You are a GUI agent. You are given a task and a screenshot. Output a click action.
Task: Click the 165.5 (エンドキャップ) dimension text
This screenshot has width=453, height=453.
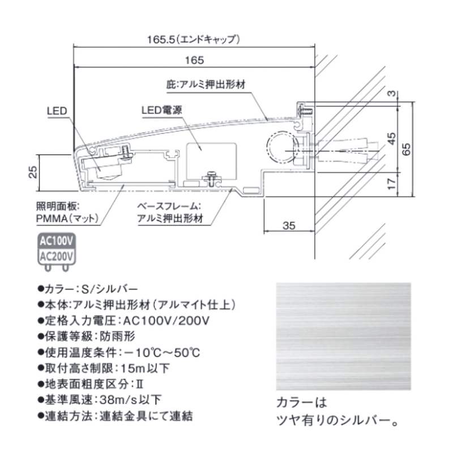tap(194, 40)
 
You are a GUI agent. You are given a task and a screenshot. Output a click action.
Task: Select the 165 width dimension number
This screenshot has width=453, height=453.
tap(194, 59)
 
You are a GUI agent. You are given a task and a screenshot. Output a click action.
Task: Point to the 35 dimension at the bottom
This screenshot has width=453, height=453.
tap(288, 226)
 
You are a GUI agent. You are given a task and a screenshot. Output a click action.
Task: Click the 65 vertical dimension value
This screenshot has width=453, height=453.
tap(407, 149)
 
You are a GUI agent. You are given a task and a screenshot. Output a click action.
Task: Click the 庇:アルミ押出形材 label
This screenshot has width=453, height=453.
tap(209, 84)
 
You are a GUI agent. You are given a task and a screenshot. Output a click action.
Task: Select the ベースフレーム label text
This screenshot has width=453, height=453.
tap(169, 208)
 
